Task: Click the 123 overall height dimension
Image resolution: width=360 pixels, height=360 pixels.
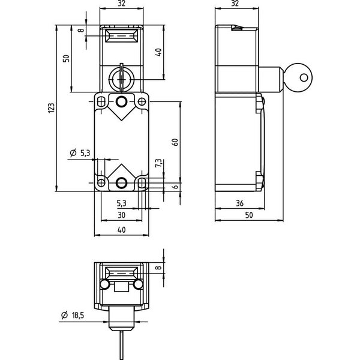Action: [x=52, y=107]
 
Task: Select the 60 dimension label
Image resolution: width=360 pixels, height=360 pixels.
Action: [x=176, y=142]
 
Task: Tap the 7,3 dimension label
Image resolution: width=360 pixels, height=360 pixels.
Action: [x=158, y=163]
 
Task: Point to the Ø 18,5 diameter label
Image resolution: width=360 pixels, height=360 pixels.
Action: [x=73, y=315]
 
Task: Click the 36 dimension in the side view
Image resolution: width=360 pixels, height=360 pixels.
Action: [x=239, y=203]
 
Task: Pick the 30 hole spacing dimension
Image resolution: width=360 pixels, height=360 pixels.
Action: [x=121, y=215]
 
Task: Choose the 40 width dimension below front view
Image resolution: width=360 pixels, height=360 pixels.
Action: [x=121, y=230]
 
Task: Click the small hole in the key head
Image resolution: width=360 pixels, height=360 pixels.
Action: [x=304, y=78]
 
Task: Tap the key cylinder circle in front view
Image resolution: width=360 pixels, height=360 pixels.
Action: [x=121, y=78]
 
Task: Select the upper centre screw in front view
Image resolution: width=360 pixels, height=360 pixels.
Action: [x=121, y=101]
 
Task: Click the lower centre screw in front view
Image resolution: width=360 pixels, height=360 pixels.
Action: [x=121, y=183]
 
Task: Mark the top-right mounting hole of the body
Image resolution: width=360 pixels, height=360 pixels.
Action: [x=142, y=101]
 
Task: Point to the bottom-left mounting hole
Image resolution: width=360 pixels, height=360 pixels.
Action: [x=101, y=183]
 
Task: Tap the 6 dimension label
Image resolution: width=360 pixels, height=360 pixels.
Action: [x=176, y=187]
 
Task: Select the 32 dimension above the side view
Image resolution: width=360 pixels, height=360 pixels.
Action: [x=235, y=4]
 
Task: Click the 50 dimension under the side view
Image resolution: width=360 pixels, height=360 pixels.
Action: [x=249, y=215]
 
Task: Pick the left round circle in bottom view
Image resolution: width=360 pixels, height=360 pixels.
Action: [x=104, y=284]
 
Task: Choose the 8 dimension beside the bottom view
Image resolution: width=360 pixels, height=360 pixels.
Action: [x=158, y=268]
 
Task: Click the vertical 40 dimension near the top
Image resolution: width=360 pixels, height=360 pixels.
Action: [x=158, y=52]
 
